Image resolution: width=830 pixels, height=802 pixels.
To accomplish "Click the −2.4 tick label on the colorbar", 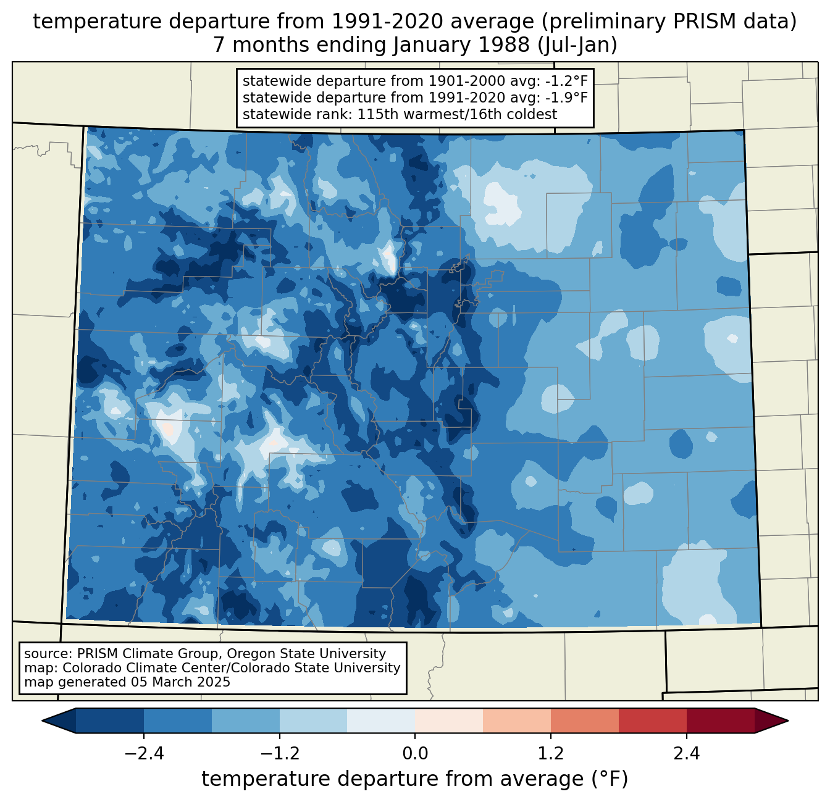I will point(144,754).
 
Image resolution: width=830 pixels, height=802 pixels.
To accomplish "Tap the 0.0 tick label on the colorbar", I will point(415,754).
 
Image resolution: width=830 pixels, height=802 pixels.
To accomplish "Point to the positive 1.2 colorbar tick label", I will point(551,754).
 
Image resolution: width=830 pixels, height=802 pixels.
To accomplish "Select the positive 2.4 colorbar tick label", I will point(686,754).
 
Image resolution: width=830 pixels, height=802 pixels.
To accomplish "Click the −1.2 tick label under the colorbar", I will point(280,754).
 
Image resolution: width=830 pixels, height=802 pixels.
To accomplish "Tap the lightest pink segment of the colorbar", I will point(449,721).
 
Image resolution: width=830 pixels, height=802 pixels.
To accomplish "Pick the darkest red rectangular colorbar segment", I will point(720,721).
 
